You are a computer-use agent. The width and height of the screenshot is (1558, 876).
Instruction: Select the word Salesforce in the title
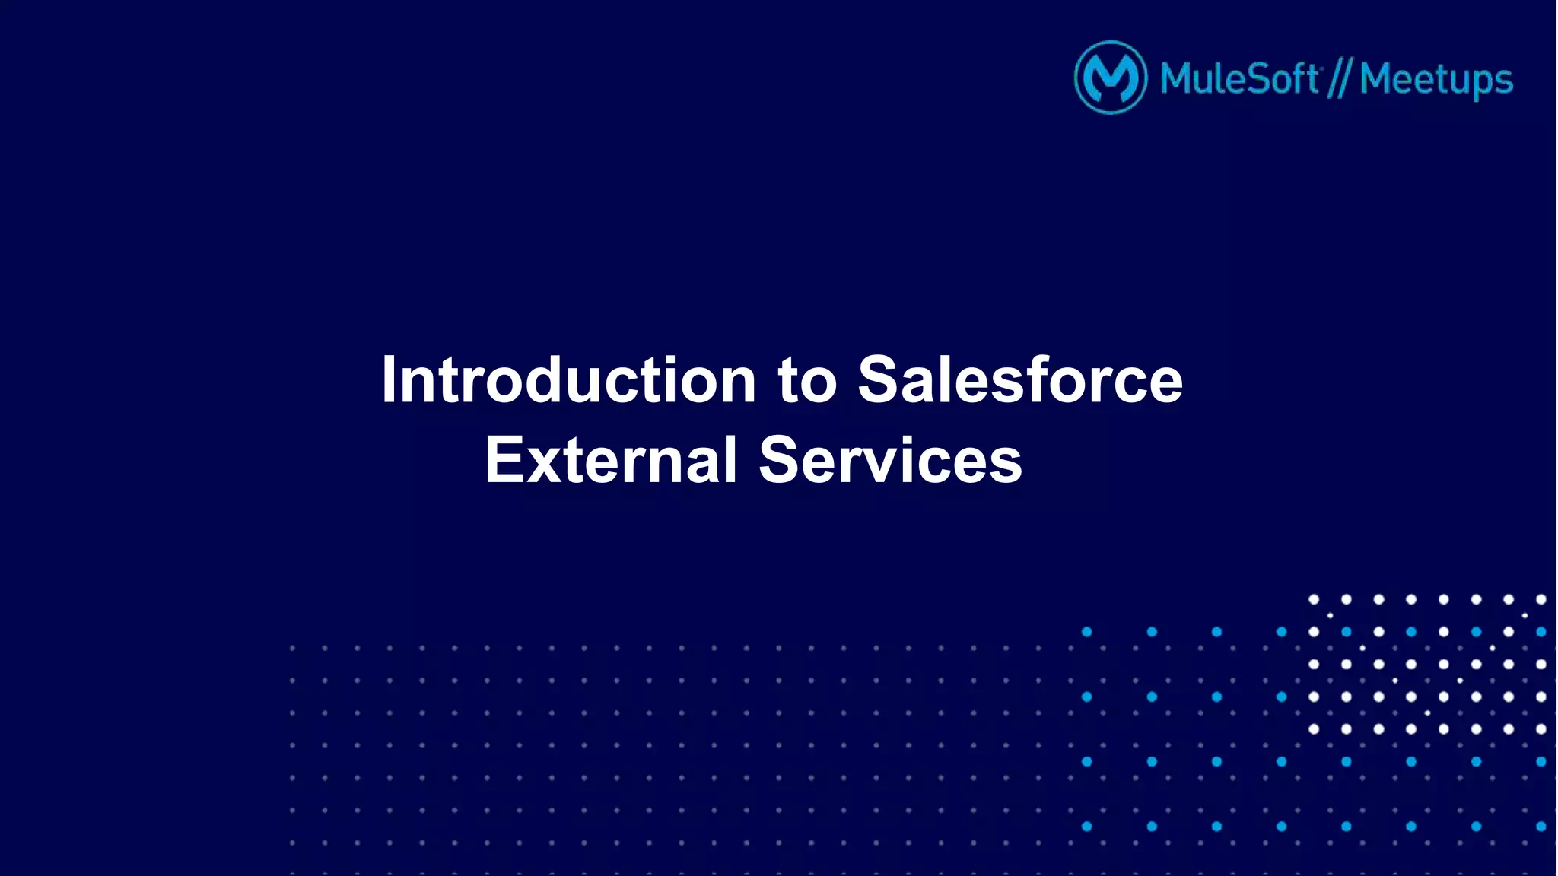1020,379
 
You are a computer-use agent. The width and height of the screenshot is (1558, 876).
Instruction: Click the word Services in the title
890,460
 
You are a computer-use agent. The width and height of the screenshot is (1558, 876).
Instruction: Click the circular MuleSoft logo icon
1110,78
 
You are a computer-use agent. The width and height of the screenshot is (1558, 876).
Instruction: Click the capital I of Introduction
389,379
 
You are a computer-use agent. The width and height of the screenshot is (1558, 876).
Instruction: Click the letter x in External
543,465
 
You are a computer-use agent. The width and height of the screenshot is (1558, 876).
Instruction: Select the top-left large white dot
1314,599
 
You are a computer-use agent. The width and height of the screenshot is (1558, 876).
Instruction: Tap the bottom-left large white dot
1314,729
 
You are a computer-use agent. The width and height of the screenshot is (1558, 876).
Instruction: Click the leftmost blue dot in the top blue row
1087,632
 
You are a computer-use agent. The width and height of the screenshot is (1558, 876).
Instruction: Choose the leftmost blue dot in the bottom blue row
1087,827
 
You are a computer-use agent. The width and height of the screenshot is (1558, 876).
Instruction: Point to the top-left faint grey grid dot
292,649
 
